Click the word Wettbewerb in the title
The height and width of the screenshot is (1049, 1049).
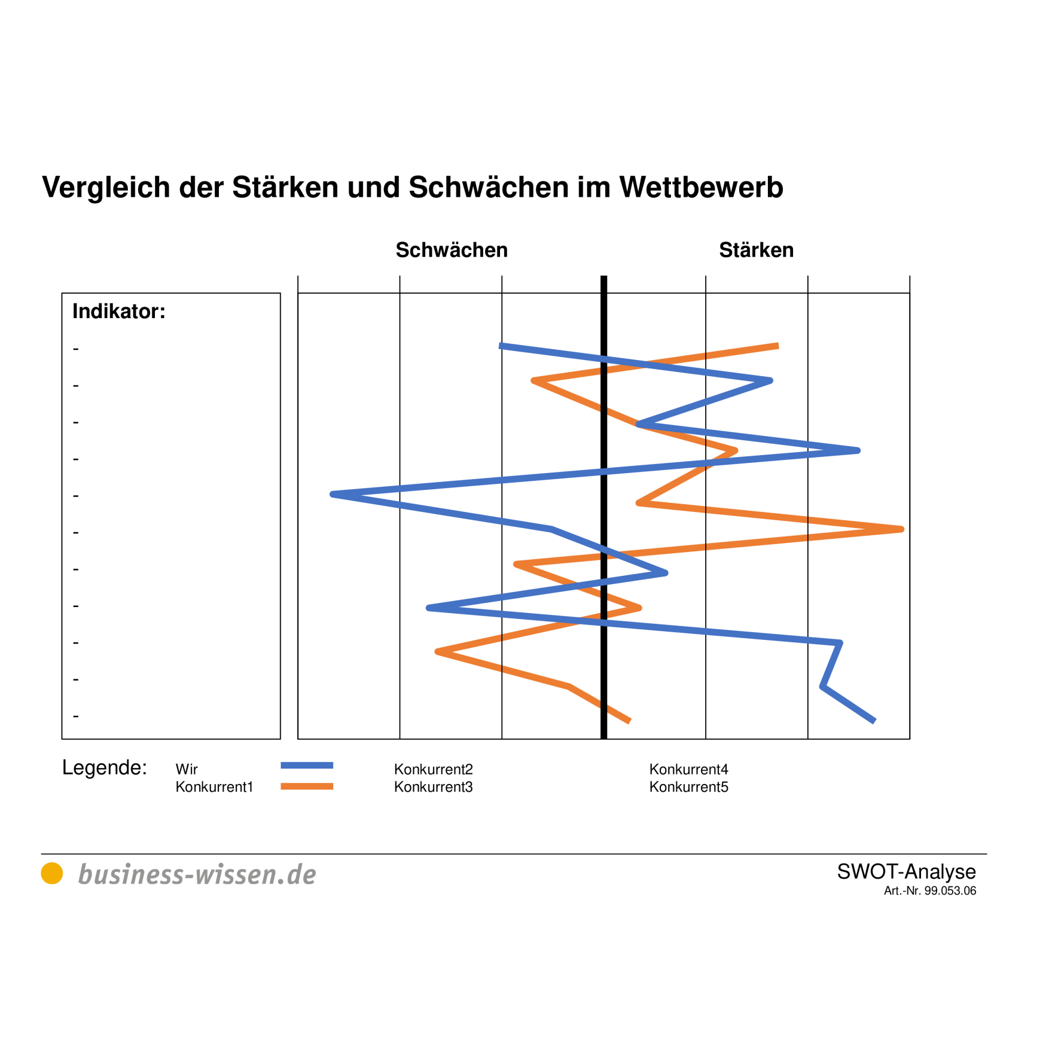coord(701,188)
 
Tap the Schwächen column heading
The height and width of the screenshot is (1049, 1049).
coord(452,250)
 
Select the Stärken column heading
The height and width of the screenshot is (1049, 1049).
coord(756,250)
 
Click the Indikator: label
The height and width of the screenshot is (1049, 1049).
coord(118,312)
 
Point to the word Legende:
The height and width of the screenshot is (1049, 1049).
coord(105,767)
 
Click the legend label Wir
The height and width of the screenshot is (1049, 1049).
coord(187,769)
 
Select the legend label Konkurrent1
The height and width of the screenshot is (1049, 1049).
coord(214,787)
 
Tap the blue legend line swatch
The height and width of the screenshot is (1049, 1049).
coord(307,766)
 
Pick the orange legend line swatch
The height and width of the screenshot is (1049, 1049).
coord(307,786)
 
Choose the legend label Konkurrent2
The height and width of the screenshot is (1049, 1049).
coord(433,769)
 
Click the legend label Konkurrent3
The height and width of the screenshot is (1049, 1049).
coord(433,787)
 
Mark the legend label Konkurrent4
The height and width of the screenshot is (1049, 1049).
coord(688,769)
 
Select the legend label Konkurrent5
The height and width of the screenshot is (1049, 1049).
coord(688,787)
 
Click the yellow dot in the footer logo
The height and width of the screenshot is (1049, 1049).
coord(52,873)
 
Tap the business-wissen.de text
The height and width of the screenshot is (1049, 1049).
coord(197,874)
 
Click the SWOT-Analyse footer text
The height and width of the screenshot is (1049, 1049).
coord(906,871)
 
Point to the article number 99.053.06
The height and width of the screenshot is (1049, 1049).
coord(950,891)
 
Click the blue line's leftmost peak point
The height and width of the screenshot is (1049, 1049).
coord(333,495)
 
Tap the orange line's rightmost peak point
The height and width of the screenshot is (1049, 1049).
coord(901,529)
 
